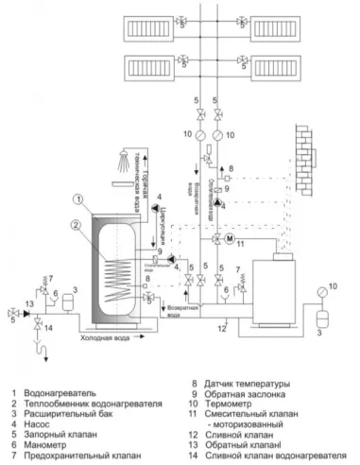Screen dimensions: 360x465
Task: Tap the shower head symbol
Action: [127, 160]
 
